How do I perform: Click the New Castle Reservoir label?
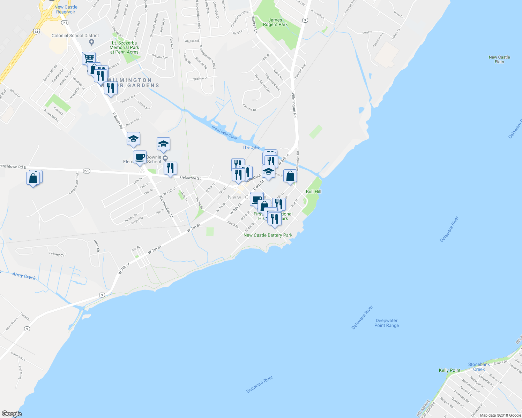[66, 9]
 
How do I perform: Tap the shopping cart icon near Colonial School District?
[89, 58]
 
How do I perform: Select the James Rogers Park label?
[275, 22]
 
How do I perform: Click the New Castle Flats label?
[499, 59]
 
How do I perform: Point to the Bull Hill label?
[313, 192]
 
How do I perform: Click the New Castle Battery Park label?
[268, 235]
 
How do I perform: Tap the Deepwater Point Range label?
[386, 323]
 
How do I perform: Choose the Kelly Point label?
[449, 370]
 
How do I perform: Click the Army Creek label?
[24, 276]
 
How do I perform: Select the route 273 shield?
[87, 171]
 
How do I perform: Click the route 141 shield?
[65, 23]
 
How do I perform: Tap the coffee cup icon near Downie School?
[140, 157]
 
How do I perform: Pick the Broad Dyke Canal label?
[224, 133]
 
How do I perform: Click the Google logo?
[12, 413]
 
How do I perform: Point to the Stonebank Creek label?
[479, 367]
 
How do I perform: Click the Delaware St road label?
[190, 178]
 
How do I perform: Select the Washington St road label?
[166, 206]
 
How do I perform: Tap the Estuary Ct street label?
[57, 254]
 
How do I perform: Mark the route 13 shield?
[37, 31]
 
